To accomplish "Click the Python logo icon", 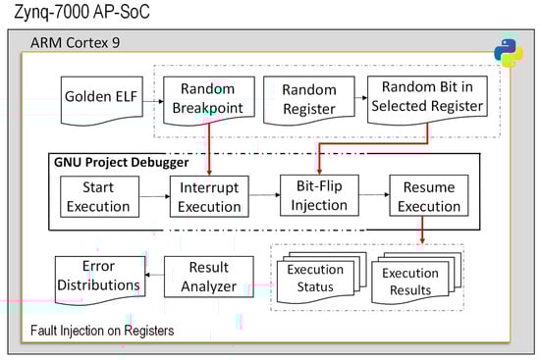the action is click(509, 53).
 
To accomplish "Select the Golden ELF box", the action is click(102, 100).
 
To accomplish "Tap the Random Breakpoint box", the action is click(209, 100).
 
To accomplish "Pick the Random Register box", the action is click(309, 100).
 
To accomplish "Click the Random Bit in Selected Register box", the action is click(427, 99).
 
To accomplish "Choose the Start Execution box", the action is click(99, 196).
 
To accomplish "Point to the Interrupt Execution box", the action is click(209, 196).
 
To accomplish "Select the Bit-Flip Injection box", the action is click(319, 195).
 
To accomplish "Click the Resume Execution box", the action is click(429, 195).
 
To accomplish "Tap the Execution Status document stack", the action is click(321, 278).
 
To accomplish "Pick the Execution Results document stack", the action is click(416, 279).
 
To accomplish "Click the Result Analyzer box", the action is click(209, 277).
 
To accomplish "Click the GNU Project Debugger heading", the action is click(121, 162).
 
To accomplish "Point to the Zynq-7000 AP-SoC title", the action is click(81, 12).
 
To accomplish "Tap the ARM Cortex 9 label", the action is click(75, 43).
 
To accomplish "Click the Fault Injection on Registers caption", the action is click(102, 331).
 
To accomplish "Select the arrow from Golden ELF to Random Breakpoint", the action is click(153, 101).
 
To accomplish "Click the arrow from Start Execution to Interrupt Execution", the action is click(154, 196).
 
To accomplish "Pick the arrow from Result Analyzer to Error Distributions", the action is click(154, 275).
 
